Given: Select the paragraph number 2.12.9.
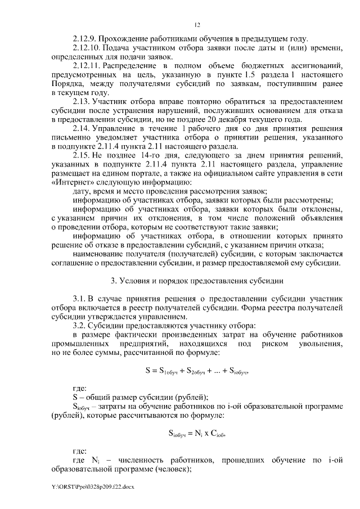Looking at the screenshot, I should tap(85, 39).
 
